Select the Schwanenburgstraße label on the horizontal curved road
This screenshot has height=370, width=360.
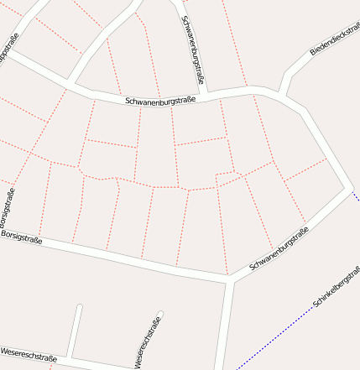160,101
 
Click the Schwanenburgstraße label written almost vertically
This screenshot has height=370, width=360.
192,48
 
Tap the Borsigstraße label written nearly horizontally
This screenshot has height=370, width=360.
22,237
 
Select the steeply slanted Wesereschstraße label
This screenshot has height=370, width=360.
148,343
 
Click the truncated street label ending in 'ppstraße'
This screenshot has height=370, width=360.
8,49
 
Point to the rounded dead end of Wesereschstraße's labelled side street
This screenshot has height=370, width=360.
159,316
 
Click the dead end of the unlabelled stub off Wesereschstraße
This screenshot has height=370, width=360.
79,307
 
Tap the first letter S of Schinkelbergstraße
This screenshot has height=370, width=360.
314,305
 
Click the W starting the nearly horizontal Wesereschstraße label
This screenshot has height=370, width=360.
4,349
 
